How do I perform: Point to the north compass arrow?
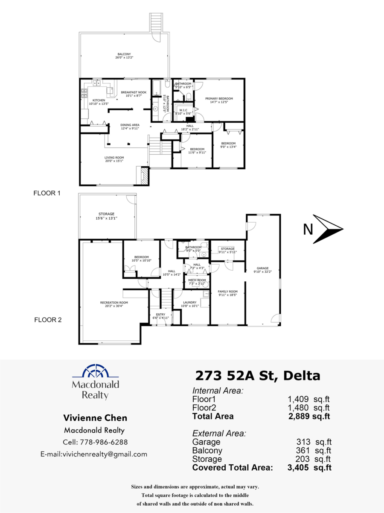click(328, 230)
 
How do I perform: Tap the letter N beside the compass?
click(308, 230)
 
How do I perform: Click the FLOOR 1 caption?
click(47, 193)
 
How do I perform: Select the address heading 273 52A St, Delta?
click(257, 376)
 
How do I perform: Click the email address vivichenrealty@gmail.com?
click(94, 454)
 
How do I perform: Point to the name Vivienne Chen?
click(95, 418)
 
